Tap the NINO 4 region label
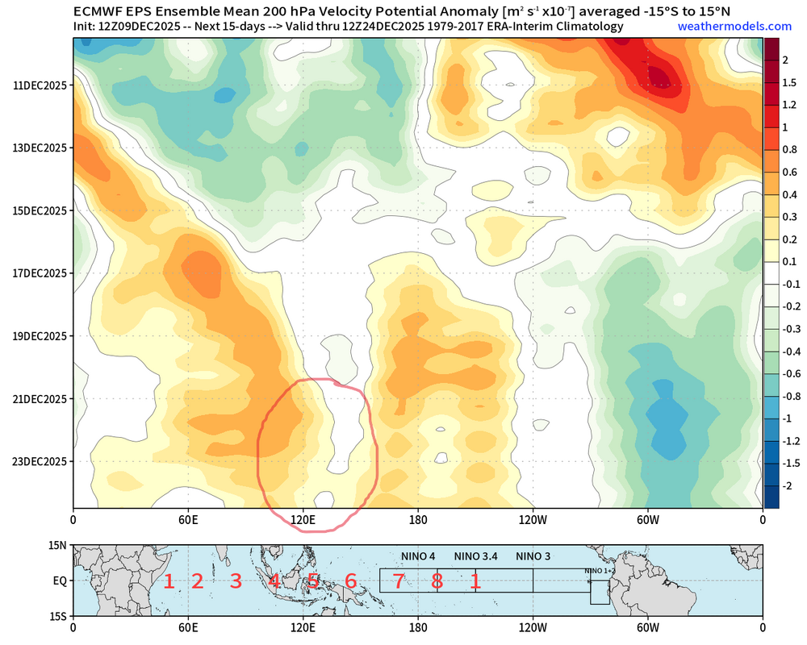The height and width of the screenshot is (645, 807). [x=418, y=556]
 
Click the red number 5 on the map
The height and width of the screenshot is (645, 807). [x=312, y=580]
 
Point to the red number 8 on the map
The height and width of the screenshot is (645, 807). [x=437, y=580]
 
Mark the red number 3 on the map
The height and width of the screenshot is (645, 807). [x=236, y=580]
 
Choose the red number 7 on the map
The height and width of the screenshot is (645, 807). [x=398, y=580]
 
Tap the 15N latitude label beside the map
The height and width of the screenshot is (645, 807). [x=56, y=546]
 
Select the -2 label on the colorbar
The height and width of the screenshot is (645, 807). [x=786, y=485]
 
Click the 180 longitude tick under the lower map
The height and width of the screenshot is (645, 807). [x=418, y=626]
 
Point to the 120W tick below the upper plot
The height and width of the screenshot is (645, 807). [x=533, y=520]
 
